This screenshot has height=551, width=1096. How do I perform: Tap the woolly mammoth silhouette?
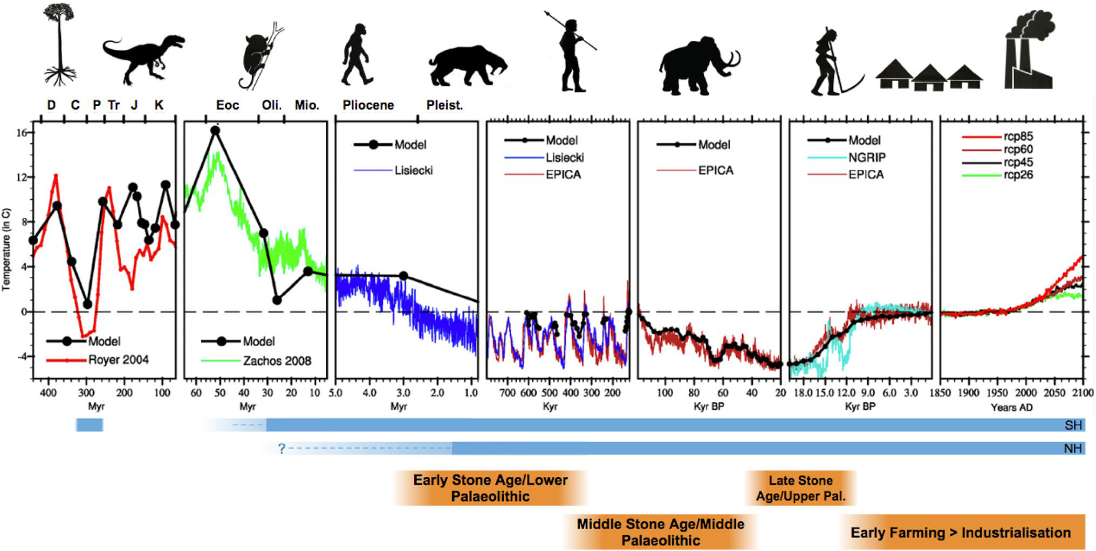click(x=697, y=65)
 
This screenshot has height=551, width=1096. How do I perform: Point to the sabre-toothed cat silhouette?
click(x=467, y=65)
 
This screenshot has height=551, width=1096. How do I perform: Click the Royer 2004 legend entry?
click(x=118, y=360)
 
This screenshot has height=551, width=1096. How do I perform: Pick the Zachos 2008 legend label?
click(x=277, y=361)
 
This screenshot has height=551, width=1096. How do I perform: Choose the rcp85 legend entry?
click(x=1018, y=136)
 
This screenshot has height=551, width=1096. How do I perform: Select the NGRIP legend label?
click(x=867, y=158)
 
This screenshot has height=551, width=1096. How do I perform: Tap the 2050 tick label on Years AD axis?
click(x=1054, y=393)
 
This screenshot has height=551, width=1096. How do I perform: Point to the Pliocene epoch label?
click(x=368, y=105)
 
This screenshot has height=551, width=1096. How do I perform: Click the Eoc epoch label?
click(x=228, y=105)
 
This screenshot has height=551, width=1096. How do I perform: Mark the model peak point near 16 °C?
click(x=215, y=131)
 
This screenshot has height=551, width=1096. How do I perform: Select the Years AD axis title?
click(x=1011, y=407)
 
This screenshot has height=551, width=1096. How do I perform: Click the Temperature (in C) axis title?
click(x=6, y=249)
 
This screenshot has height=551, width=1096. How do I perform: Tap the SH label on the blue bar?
click(x=1073, y=425)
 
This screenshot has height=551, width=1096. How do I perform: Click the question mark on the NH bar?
click(x=282, y=448)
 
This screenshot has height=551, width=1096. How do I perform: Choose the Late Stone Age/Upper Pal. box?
click(x=801, y=488)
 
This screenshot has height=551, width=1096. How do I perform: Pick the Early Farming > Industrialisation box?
click(x=960, y=532)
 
